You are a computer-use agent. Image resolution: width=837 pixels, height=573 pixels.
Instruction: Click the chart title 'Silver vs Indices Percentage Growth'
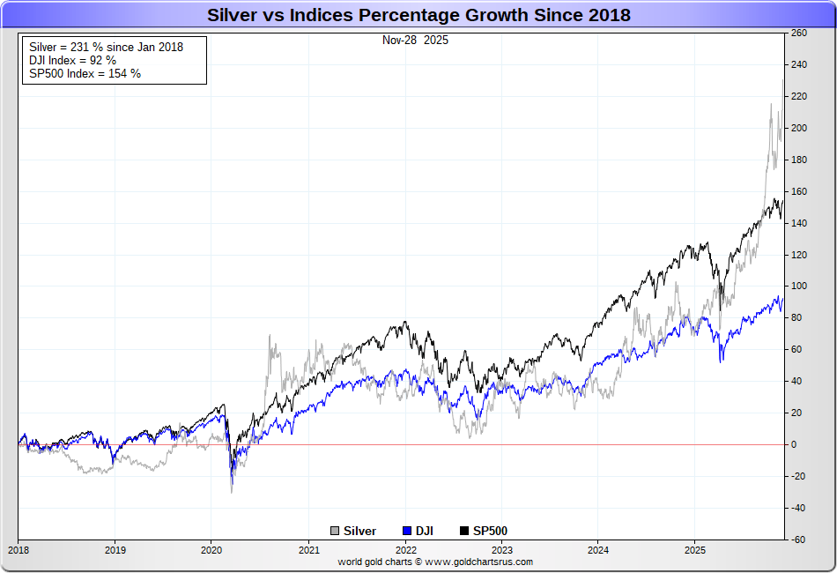tap(418, 15)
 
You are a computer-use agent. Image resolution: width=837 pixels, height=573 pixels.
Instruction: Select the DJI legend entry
tap(423, 531)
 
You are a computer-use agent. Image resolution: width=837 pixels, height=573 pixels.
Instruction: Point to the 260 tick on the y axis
tap(799, 33)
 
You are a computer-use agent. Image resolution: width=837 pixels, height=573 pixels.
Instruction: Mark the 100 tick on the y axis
tap(799, 286)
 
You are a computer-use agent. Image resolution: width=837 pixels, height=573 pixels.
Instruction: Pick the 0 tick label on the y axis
tap(795, 445)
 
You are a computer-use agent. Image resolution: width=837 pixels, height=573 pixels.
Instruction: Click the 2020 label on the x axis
tap(211, 550)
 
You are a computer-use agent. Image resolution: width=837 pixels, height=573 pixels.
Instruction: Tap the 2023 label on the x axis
tap(501, 550)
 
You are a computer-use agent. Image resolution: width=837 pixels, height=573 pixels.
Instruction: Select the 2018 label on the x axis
tap(18, 550)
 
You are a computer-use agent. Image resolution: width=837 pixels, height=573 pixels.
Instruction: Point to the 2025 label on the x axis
tap(694, 550)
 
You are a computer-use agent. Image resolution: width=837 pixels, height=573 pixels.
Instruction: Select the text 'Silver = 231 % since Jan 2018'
tap(106, 47)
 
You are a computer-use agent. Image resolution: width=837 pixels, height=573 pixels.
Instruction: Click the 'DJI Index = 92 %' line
tap(72, 60)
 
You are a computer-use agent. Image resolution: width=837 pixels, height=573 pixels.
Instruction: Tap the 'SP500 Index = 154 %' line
tap(85, 73)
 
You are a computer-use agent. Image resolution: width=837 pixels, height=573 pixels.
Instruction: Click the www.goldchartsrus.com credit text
tap(435, 562)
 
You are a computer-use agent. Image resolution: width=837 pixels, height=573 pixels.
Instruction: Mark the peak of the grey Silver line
tap(782, 80)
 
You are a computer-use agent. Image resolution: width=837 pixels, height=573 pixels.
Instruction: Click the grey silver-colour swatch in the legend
tap(335, 531)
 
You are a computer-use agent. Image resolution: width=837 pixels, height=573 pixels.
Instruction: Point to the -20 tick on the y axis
tap(799, 476)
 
